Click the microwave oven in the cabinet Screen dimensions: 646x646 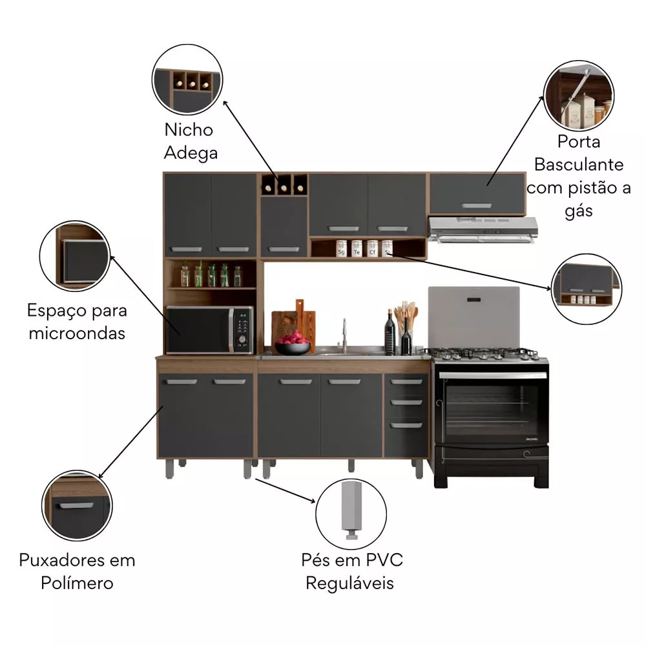coord(210,330)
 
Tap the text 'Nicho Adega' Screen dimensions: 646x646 coord(190,141)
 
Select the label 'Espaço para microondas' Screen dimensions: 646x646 coord(77,321)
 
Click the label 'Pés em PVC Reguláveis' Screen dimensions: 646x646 coord(352,571)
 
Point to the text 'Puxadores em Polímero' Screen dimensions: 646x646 coord(77,571)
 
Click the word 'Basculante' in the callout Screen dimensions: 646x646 coord(579,164)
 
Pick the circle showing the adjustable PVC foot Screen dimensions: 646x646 coord(351,514)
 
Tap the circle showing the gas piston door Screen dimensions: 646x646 coord(578,95)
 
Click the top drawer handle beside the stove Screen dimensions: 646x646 coord(406,382)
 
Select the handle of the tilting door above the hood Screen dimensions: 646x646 coord(477,205)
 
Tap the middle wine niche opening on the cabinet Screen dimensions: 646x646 coord(284,185)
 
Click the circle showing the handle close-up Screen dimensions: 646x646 coord(77,505)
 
